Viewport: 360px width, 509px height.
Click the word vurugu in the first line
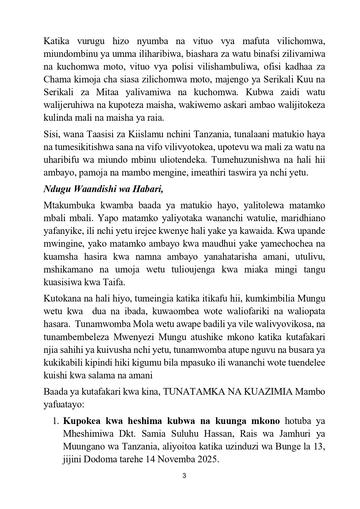(90, 41)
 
